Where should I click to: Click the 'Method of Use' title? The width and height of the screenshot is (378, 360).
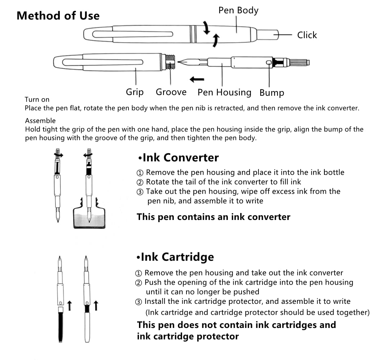point(58,16)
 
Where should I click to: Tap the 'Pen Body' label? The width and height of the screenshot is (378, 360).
point(238,10)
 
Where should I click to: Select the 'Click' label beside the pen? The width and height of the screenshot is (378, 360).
point(307,35)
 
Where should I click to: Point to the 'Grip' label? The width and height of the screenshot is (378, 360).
point(135,92)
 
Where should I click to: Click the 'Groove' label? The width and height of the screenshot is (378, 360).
point(171,92)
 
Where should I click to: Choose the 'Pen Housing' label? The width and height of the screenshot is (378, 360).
point(224,93)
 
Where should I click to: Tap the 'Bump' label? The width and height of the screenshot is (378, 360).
point(272,93)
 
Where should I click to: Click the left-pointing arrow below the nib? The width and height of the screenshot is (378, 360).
point(197,79)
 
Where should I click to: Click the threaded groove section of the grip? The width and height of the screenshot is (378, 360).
point(170,62)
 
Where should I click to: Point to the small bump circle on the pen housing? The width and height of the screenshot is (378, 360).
point(269,63)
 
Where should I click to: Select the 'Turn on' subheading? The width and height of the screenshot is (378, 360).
point(37,100)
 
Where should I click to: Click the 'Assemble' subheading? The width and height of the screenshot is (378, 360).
point(40,121)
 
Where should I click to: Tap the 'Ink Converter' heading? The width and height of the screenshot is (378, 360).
point(179,158)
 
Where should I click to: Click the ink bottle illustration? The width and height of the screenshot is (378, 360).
point(89,214)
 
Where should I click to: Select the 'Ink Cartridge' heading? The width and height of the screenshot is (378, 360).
point(175,257)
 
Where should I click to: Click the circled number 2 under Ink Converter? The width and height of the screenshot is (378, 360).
point(140,182)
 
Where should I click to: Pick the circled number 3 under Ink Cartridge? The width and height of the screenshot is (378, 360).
point(138,302)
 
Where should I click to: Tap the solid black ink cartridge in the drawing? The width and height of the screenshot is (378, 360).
point(60,327)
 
